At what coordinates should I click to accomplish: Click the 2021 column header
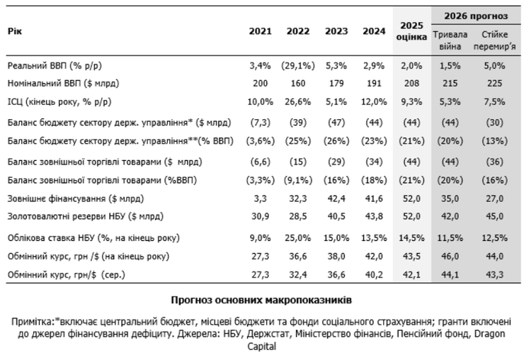260,32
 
